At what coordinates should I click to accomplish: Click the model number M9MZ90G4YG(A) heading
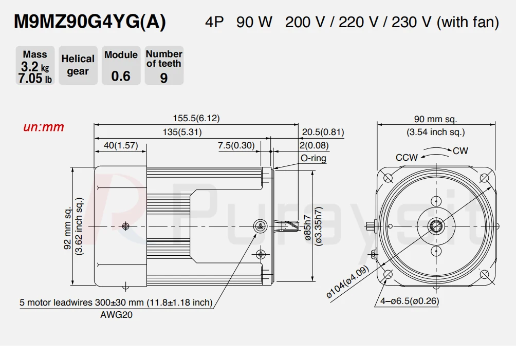pyautogui.click(x=90, y=22)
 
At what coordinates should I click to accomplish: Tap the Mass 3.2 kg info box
pyautogui.click(x=35, y=65)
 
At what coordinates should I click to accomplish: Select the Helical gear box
pyautogui.click(x=78, y=65)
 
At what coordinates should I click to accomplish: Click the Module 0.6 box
pyautogui.click(x=121, y=65)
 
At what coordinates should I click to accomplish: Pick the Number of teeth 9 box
pyautogui.click(x=164, y=65)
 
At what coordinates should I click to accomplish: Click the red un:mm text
pyautogui.click(x=44, y=127)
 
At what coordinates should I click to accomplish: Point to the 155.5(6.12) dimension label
pyautogui.click(x=196, y=118)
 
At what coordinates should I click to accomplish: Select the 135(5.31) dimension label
pyautogui.click(x=182, y=132)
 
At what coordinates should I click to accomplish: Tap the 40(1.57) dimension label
pyautogui.click(x=121, y=145)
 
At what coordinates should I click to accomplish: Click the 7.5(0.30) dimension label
pyautogui.click(x=236, y=145)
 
